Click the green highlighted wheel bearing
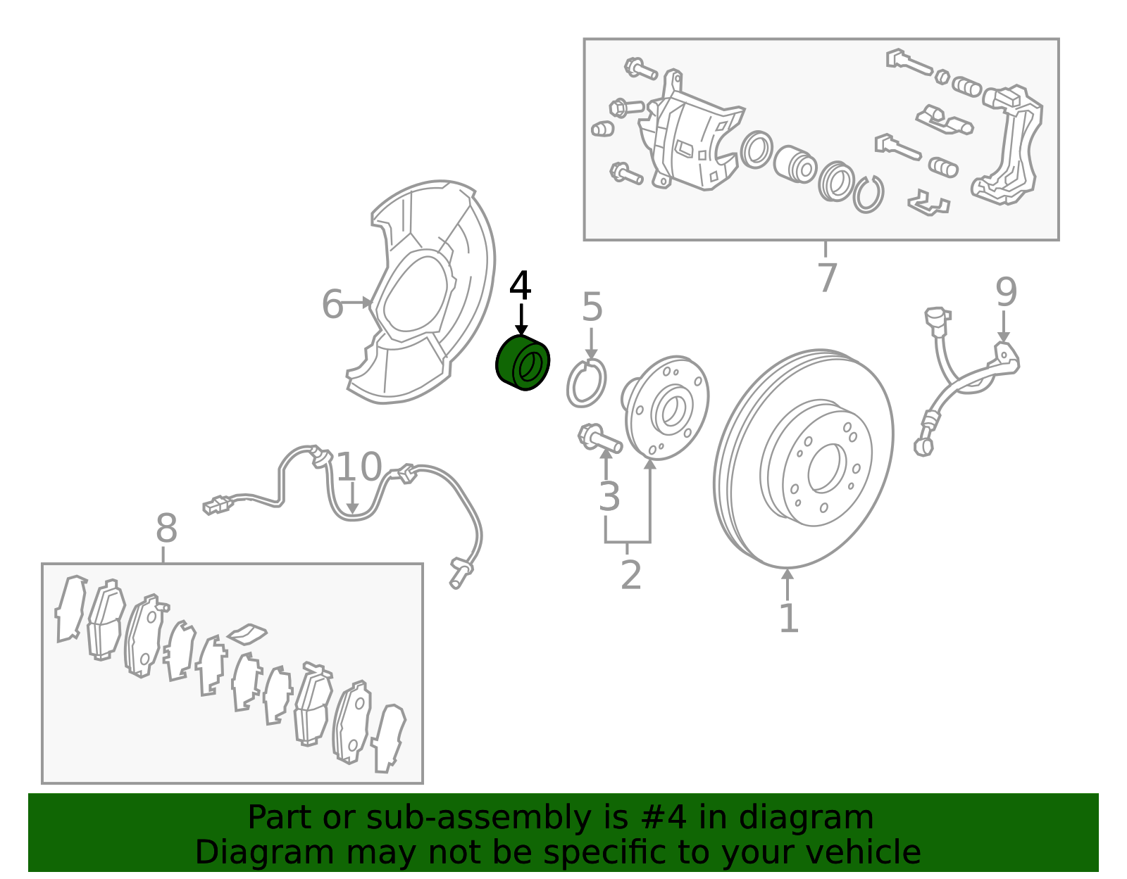click(522, 362)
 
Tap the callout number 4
click(521, 286)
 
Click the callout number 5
click(592, 306)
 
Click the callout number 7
click(827, 277)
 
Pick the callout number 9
click(1006, 292)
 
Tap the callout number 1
click(789, 617)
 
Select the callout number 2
click(630, 574)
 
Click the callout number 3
click(609, 496)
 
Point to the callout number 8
click(166, 528)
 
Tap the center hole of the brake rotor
click(827, 467)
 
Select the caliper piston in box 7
click(795, 164)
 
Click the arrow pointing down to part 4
click(521, 320)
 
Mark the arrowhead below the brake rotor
click(787, 574)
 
